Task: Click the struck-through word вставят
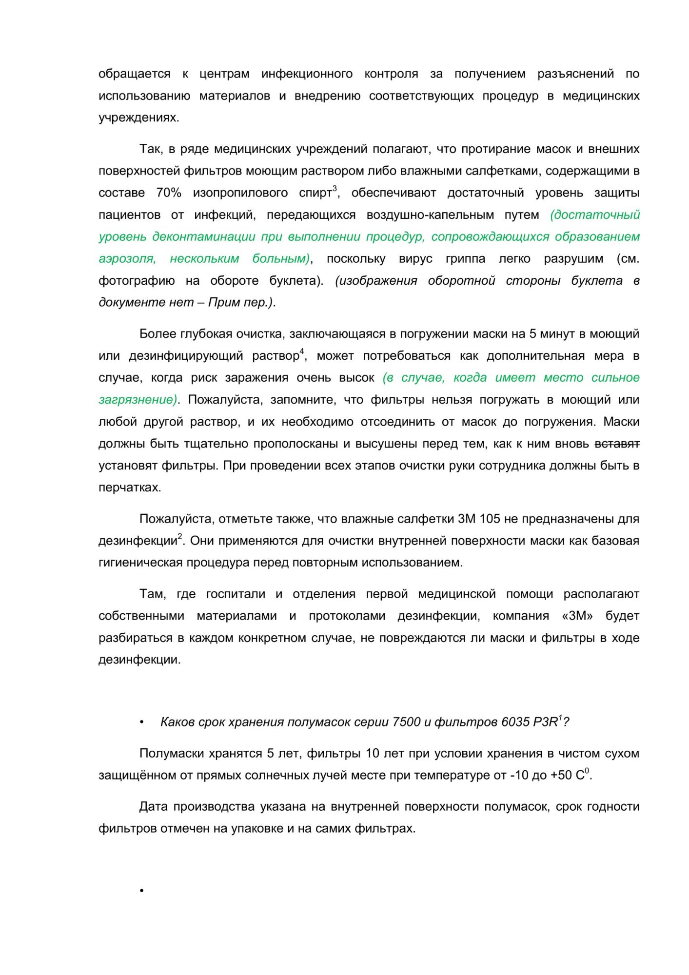(x=617, y=444)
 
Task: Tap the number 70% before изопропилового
(x=169, y=193)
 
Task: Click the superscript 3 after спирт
(x=335, y=189)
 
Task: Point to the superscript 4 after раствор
(x=302, y=351)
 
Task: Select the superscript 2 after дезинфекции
(x=180, y=536)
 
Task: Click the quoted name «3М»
(x=577, y=616)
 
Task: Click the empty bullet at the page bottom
(x=142, y=891)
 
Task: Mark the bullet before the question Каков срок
(x=142, y=722)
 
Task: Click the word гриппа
(x=465, y=259)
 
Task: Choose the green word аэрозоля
(x=127, y=259)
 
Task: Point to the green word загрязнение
(x=137, y=400)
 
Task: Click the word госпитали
(x=236, y=594)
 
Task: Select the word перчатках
(x=129, y=488)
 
